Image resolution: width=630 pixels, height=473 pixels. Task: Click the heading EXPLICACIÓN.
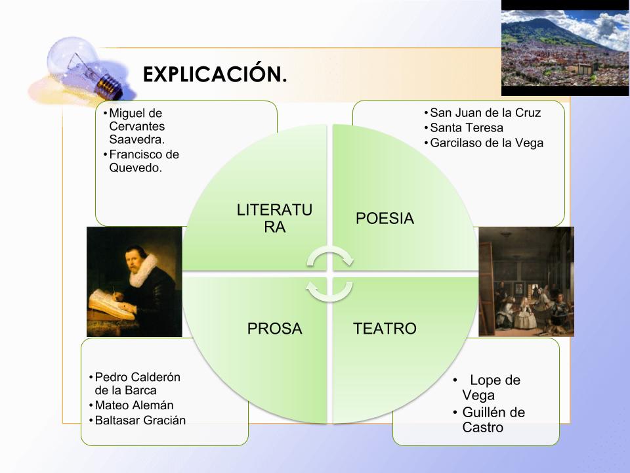tap(215, 74)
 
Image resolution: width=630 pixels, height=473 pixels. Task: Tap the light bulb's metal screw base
tap(109, 86)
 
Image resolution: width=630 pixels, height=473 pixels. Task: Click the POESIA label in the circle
tap(385, 218)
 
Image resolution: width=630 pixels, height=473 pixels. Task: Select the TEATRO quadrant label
tap(385, 328)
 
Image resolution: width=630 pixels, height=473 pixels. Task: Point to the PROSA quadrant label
tap(274, 328)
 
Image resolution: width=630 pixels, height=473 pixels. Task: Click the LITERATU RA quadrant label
tap(274, 218)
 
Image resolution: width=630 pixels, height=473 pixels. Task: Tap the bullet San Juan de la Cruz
tap(485, 112)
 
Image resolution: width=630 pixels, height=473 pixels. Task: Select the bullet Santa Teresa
tap(467, 128)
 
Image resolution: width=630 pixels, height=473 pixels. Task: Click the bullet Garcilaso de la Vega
tap(486, 143)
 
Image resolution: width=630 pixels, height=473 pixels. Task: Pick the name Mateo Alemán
tap(134, 405)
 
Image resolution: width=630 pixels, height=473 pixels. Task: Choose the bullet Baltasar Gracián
tap(140, 420)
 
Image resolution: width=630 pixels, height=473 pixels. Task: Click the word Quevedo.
tap(135, 168)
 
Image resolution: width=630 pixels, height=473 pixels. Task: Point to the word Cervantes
tap(137, 126)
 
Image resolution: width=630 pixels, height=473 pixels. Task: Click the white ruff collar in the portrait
tap(143, 269)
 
